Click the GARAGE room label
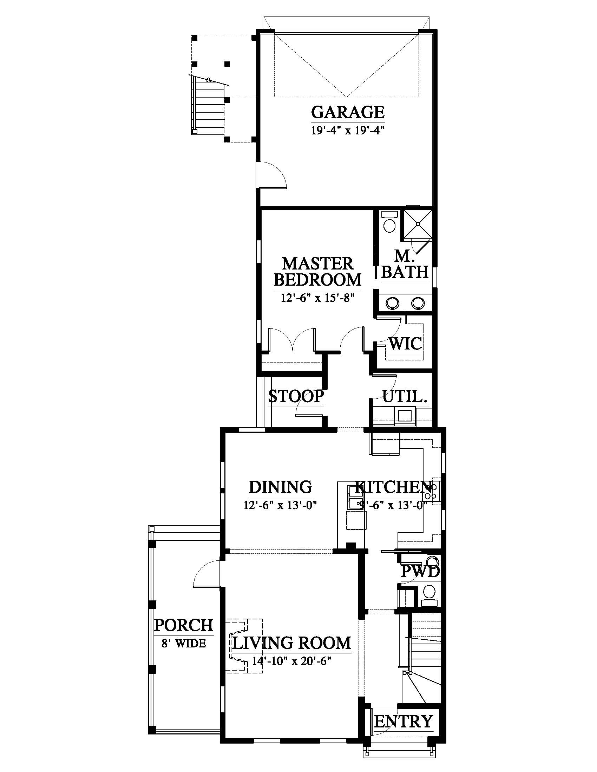pyautogui.click(x=348, y=112)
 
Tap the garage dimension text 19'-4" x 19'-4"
pyautogui.click(x=348, y=131)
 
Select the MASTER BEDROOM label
pyautogui.click(x=317, y=272)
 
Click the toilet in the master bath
pyautogui.click(x=389, y=222)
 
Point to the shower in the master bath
pyautogui.click(x=418, y=224)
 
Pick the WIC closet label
pyautogui.click(x=405, y=343)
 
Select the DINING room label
pyautogui.click(x=280, y=487)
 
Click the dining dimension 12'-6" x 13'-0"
pyautogui.click(x=280, y=505)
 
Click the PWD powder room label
pyautogui.click(x=420, y=572)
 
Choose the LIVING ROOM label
pyautogui.click(x=291, y=643)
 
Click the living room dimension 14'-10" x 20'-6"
pyautogui.click(x=291, y=661)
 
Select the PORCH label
pyautogui.click(x=184, y=625)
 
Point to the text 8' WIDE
pyautogui.click(x=184, y=643)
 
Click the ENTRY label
pyautogui.click(x=404, y=712)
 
